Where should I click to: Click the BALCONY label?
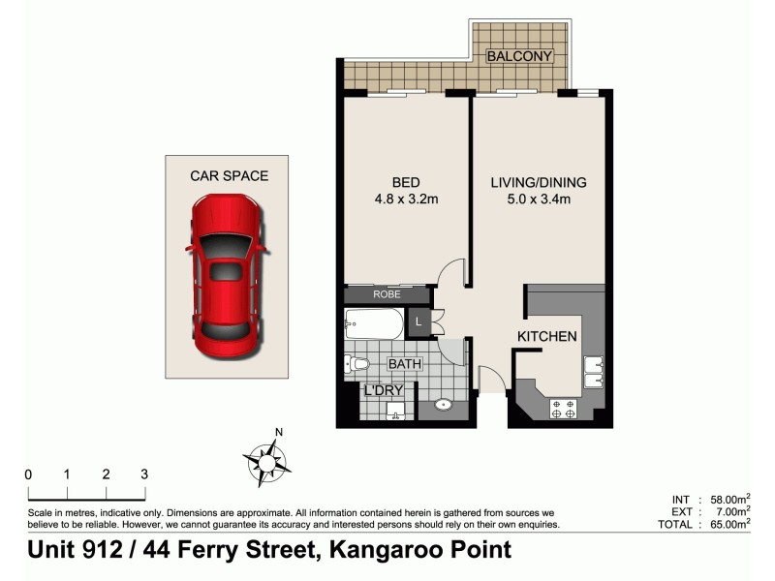click(x=519, y=56)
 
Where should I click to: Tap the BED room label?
click(x=406, y=182)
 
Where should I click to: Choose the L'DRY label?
click(x=383, y=390)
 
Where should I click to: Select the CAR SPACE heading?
click(x=229, y=175)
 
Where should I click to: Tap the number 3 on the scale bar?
click(x=143, y=474)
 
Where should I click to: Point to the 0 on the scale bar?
click(x=28, y=474)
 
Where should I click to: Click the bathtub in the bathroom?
click(x=373, y=323)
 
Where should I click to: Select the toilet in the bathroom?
click(x=356, y=364)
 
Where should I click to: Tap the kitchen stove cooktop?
click(x=564, y=410)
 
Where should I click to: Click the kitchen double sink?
click(x=593, y=372)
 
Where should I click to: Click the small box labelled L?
click(x=418, y=321)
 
